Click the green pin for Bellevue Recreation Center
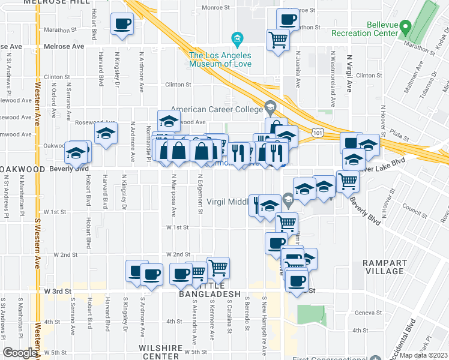pos(405,28)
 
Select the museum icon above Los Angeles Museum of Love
pos(238,40)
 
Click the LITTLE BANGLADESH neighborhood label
pos(210,294)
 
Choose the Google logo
pos(19,352)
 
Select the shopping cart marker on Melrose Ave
pos(279,40)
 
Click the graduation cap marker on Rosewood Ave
pos(169,121)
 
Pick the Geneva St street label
pos(367,313)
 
